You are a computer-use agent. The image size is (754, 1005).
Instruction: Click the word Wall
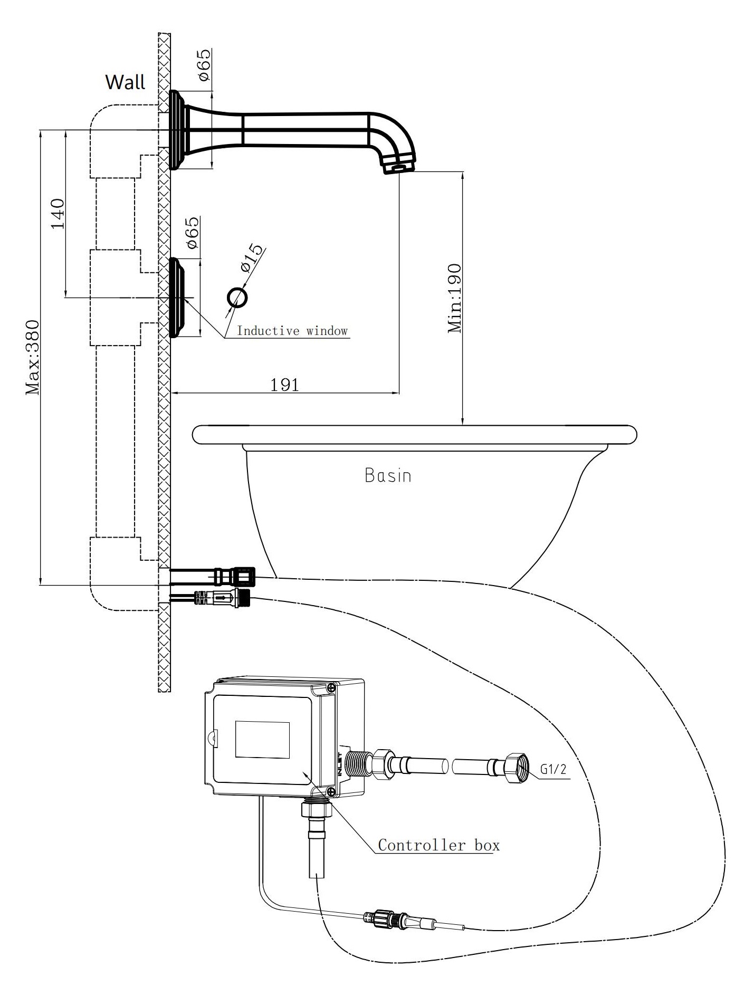(x=125, y=82)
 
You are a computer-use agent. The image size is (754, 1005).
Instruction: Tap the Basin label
(x=388, y=475)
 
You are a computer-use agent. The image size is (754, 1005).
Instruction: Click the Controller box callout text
(x=438, y=845)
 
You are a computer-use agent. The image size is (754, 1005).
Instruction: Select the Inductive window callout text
(x=292, y=331)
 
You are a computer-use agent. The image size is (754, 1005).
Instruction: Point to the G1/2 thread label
(x=553, y=769)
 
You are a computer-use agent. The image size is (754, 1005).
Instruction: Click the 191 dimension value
(x=285, y=385)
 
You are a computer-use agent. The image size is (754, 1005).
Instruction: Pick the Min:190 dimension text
(x=454, y=298)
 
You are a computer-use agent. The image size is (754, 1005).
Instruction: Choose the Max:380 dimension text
(x=33, y=357)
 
